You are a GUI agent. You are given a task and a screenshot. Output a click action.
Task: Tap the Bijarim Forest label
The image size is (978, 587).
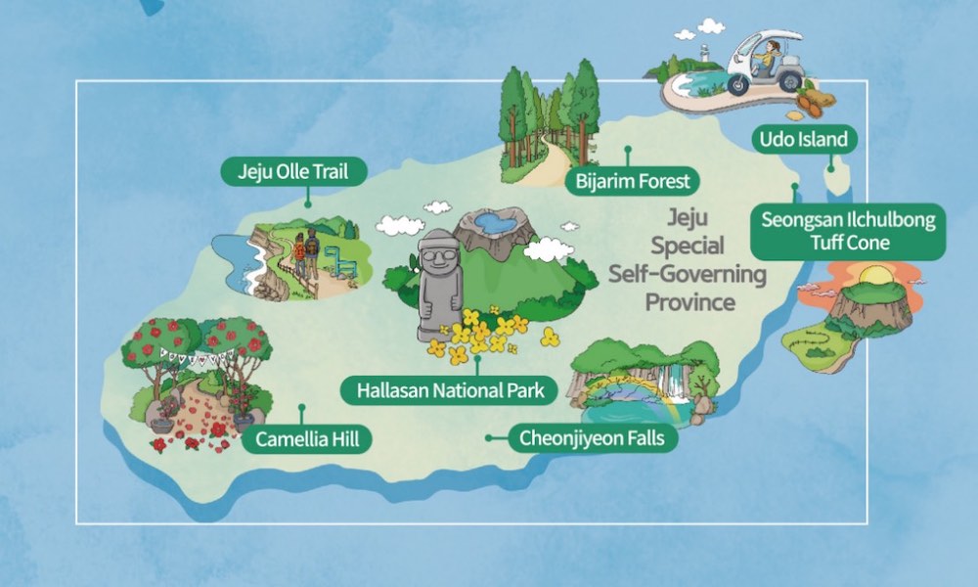pyautogui.click(x=633, y=180)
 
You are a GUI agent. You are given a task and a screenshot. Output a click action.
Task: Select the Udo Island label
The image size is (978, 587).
pyautogui.click(x=804, y=139)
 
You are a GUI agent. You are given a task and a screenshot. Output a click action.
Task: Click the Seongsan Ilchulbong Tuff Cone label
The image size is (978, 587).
pyautogui.click(x=848, y=231)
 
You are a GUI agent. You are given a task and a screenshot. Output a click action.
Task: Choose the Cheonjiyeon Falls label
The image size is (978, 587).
pyautogui.click(x=593, y=437)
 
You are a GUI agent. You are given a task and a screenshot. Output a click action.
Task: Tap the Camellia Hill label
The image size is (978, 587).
pyautogui.click(x=307, y=439)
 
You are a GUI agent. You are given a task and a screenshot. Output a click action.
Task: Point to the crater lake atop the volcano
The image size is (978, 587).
pyautogui.click(x=494, y=224)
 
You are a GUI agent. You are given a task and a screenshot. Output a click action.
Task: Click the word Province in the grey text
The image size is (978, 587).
pyautogui.click(x=689, y=302)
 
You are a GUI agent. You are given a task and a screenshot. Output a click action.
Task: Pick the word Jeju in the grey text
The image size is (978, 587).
pyautogui.click(x=689, y=216)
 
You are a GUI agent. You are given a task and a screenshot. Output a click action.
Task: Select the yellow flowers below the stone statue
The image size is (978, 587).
pyautogui.click(x=485, y=334)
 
